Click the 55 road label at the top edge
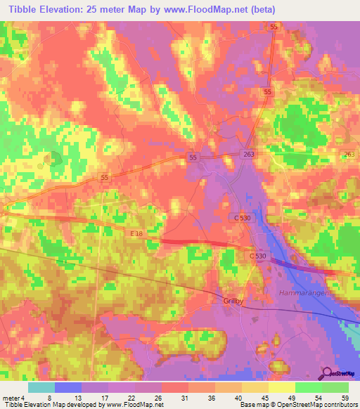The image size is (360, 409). click(274, 26)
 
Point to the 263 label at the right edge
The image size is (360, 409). click(349, 154)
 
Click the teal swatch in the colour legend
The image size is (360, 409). click(41, 387)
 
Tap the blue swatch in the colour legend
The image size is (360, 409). click(67, 387)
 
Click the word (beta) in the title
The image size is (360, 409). click(261, 10)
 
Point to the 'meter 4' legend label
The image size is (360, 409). click(12, 398)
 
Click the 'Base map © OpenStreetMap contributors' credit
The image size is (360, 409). click(297, 405)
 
